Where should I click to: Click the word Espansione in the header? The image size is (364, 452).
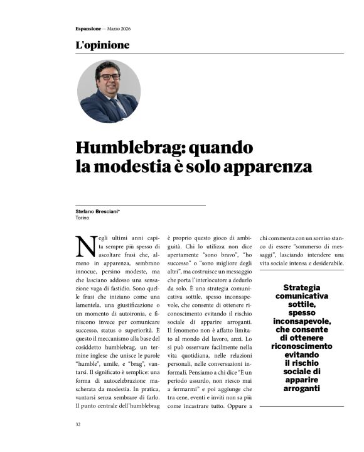coord(86,28)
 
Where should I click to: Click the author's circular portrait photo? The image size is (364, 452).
coord(109,91)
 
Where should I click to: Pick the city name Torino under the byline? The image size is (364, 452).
coord(82,218)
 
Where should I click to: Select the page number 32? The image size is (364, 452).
coord(78,424)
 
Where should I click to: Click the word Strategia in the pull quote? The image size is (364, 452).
coord(302,287)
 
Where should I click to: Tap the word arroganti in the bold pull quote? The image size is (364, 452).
coord(302,389)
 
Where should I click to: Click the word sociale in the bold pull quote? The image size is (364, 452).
coord(302,372)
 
